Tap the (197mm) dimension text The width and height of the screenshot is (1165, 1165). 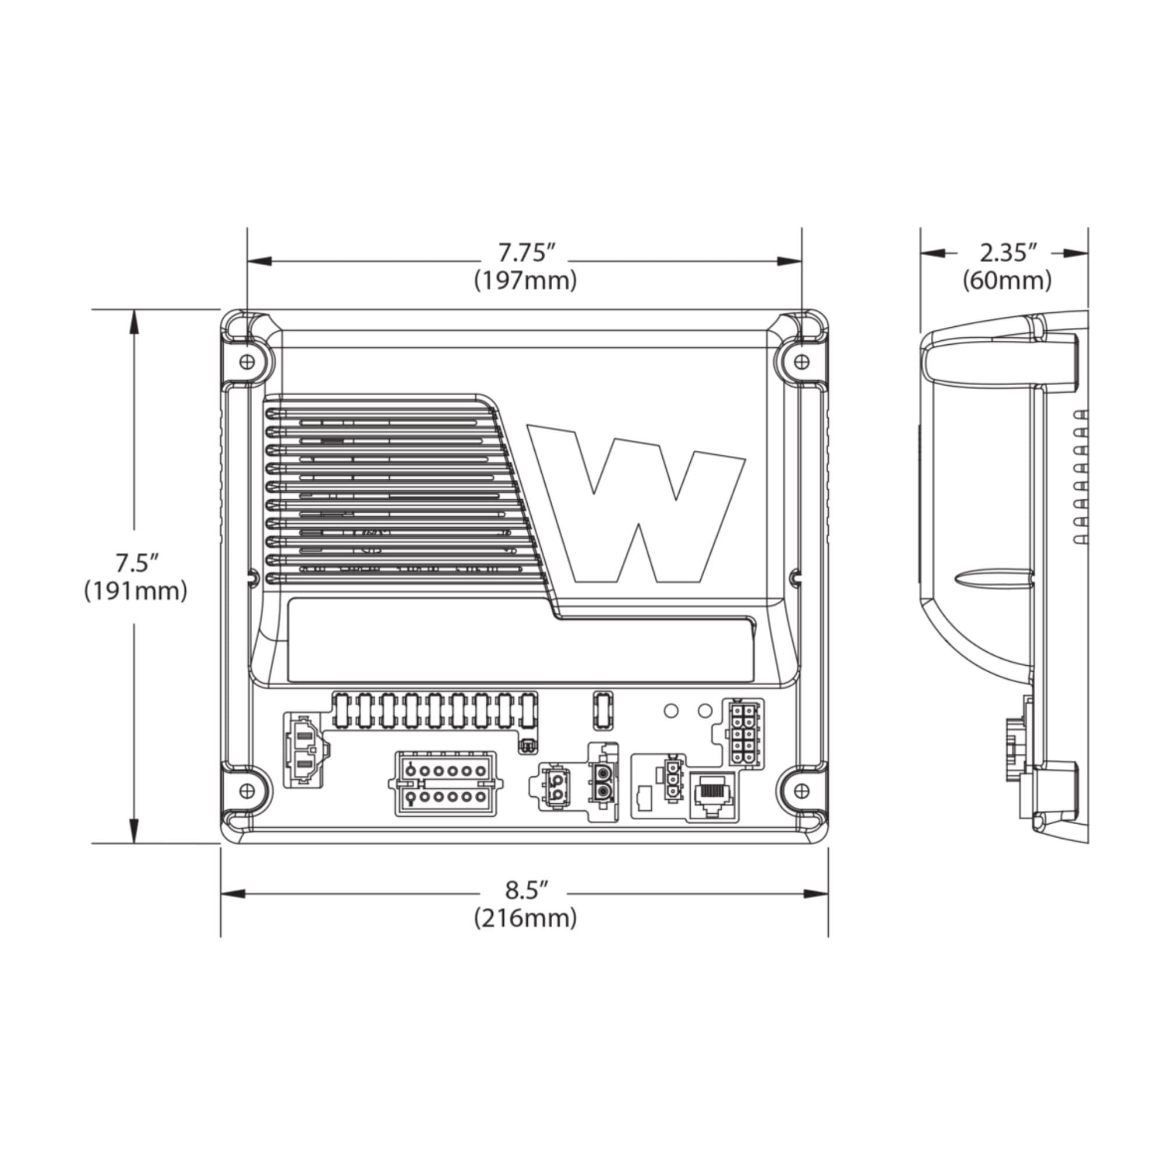[x=525, y=281]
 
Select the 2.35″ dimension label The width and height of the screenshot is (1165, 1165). [x=1007, y=253]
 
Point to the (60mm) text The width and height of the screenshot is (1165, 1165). [x=1007, y=281]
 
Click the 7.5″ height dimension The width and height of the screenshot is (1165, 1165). [x=136, y=564]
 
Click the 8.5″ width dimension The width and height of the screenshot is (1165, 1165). [x=526, y=889]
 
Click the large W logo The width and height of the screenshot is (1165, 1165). [x=636, y=503]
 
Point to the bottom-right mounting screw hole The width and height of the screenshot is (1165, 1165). [x=800, y=790]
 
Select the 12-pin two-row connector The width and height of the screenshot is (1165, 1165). [x=446, y=784]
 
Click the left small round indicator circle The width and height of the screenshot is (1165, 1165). [x=670, y=710]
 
